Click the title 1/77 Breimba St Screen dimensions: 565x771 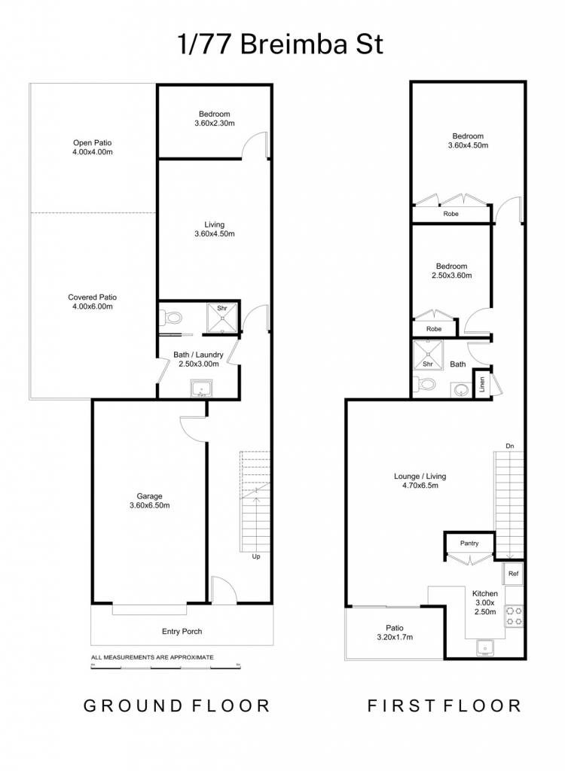(x=280, y=44)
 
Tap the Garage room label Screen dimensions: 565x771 (x=149, y=496)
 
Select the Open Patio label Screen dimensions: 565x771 (x=93, y=142)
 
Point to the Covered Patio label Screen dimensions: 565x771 (x=93, y=297)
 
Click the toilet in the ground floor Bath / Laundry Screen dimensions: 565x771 (x=171, y=317)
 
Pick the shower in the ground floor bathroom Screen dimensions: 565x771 (x=222, y=318)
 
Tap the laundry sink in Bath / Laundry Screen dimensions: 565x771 (x=201, y=389)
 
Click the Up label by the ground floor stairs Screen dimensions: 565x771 (x=256, y=556)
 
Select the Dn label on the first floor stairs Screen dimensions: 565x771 (x=510, y=446)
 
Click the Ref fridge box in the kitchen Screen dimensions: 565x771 (x=513, y=573)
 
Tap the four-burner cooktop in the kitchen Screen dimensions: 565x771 (x=514, y=616)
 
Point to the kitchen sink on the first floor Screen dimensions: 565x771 (x=485, y=648)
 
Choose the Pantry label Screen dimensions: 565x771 (x=469, y=543)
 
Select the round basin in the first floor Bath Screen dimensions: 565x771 (x=461, y=391)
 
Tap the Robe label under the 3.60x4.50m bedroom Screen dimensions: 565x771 (x=450, y=214)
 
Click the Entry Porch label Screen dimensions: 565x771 (x=182, y=632)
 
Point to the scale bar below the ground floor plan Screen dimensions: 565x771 (x=165, y=667)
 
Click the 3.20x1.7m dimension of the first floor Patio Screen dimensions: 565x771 (x=395, y=637)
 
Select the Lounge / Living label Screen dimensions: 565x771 (x=420, y=476)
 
